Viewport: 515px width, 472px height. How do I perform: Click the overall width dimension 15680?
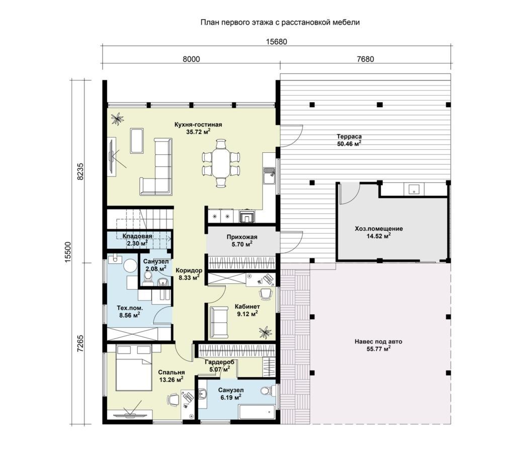click(276, 42)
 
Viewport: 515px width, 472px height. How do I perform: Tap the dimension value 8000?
click(191, 59)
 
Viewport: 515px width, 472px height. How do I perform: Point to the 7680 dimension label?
click(365, 59)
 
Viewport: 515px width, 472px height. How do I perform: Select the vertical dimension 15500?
click(68, 252)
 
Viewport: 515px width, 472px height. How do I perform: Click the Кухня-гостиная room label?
click(198, 125)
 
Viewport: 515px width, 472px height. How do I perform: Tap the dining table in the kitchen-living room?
click(221, 163)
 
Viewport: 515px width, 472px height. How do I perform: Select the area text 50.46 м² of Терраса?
click(349, 143)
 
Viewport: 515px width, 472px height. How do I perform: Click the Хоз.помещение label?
click(379, 229)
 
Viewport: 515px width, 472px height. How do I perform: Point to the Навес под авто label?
click(378, 342)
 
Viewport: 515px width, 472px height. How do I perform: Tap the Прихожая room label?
click(242, 237)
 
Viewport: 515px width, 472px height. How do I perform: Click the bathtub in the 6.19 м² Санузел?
click(257, 412)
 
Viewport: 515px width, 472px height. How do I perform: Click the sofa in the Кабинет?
click(219, 322)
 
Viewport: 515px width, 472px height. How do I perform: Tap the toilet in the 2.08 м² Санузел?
click(148, 278)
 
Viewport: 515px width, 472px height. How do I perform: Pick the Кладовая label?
click(137, 236)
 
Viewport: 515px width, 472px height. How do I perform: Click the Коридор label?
click(189, 271)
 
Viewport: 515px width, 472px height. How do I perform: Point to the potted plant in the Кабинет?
click(266, 331)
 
